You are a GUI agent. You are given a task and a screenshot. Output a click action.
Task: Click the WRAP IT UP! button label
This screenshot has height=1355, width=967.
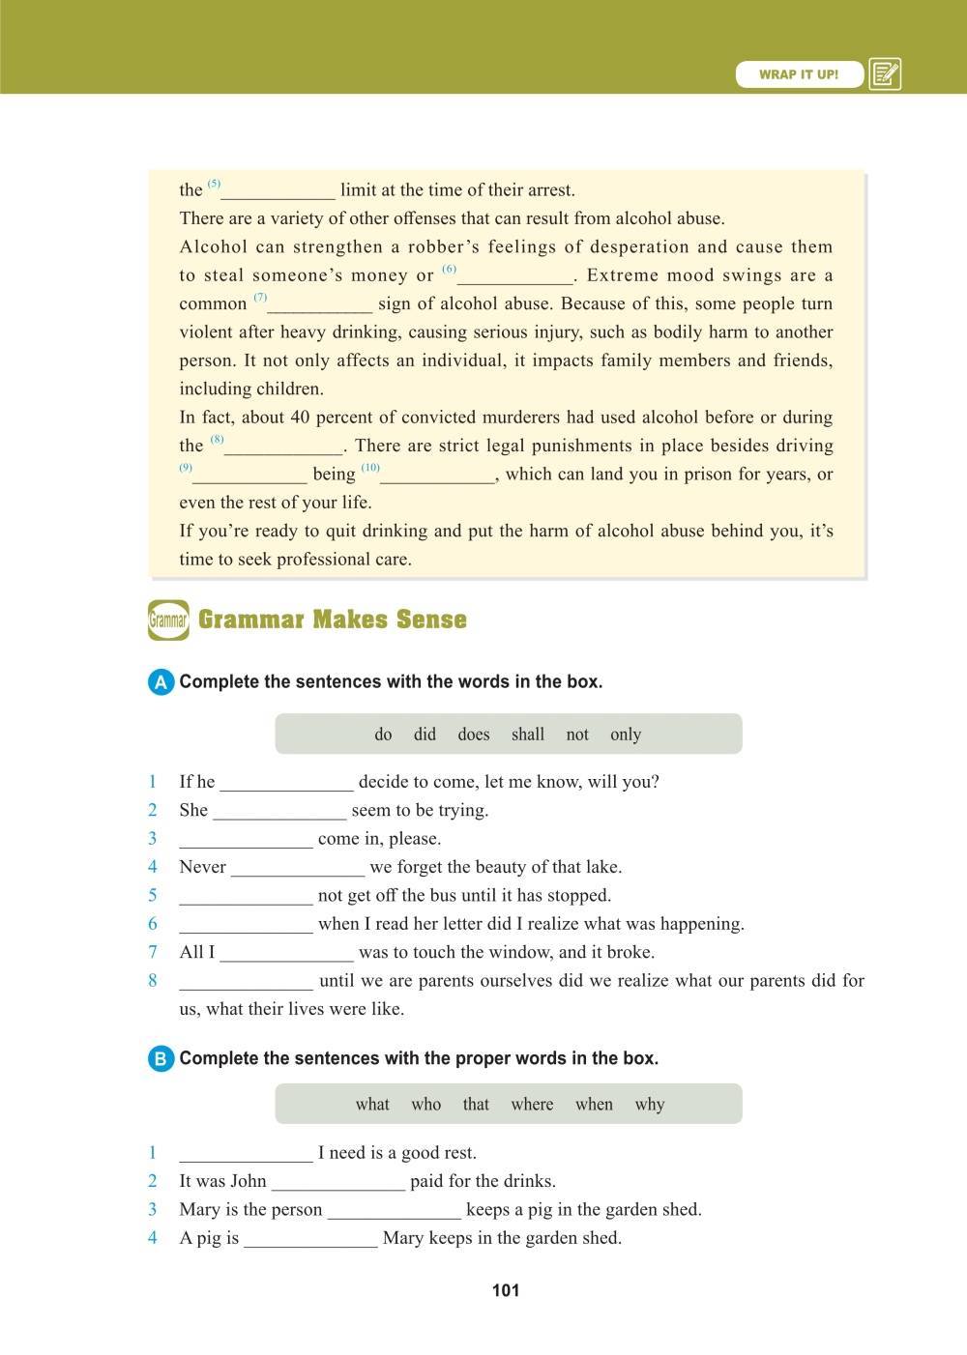tap(799, 74)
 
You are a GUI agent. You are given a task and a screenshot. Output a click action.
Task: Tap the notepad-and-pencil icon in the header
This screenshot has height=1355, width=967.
tap(885, 74)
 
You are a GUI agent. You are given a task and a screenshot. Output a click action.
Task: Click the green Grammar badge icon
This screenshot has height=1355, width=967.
tap(168, 620)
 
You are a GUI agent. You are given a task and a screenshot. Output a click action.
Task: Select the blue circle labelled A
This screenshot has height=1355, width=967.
tap(161, 682)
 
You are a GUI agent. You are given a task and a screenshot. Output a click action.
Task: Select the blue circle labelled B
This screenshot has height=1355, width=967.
tap(161, 1059)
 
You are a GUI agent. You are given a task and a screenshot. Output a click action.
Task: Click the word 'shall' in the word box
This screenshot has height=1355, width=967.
tap(528, 735)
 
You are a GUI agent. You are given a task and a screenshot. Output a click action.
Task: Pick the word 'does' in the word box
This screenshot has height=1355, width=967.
tap(474, 735)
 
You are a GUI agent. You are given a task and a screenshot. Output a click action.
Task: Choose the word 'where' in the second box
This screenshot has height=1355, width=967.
tap(532, 1105)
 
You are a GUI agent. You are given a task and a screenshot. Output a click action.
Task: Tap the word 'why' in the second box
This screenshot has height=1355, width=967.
tap(650, 1105)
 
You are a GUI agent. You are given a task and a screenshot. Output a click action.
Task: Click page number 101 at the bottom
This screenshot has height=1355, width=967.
tap(506, 1290)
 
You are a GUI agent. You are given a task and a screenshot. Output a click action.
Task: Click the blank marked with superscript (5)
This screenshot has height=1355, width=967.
tap(278, 191)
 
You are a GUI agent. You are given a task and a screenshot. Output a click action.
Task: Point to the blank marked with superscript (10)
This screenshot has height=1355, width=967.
tap(440, 476)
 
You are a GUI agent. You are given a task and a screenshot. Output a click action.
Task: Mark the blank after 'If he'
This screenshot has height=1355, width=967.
tap(286, 783)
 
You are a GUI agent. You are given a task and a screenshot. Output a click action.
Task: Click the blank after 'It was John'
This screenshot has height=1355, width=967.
tap(338, 1182)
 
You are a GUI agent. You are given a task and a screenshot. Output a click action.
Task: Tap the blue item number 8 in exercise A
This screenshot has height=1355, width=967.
tap(153, 981)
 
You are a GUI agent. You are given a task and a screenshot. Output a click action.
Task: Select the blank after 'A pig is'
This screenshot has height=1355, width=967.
tap(310, 1239)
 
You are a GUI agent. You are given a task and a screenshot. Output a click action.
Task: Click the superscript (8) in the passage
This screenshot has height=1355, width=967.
tap(217, 440)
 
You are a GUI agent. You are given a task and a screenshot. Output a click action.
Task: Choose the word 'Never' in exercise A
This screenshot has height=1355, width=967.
tap(203, 867)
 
